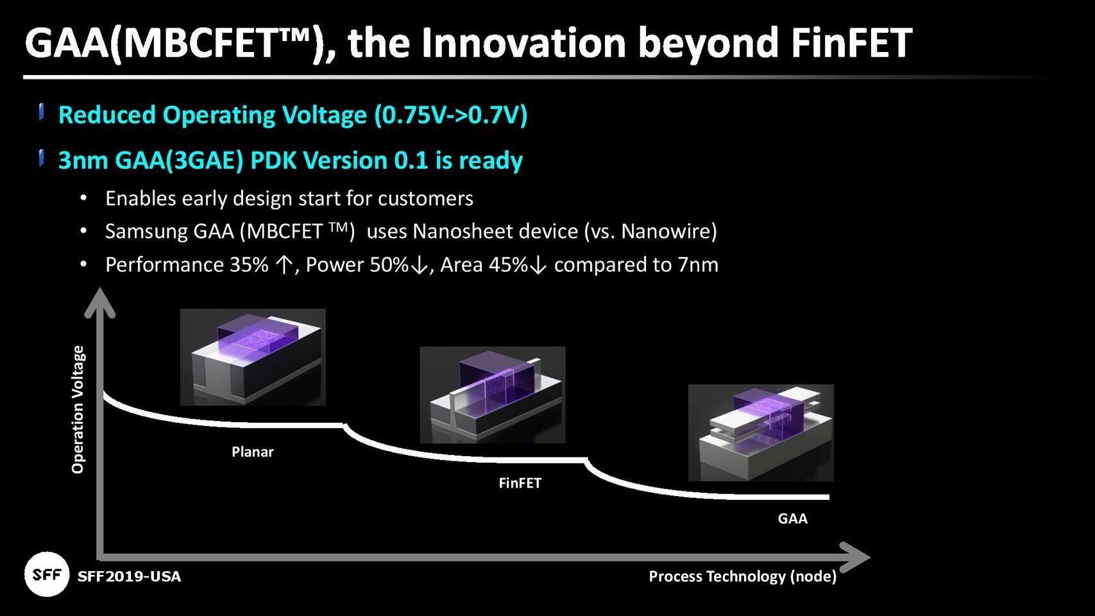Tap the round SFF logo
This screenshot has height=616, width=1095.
(46, 574)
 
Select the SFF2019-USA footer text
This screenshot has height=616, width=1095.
(129, 576)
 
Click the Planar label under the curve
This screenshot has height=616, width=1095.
(252, 452)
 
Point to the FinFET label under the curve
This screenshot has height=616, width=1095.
(520, 483)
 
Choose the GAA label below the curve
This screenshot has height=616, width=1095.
(792, 518)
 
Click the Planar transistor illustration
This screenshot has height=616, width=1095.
(253, 357)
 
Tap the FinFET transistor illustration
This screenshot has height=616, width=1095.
(492, 395)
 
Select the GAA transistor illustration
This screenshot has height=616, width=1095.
(760, 432)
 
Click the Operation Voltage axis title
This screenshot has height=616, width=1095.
(78, 409)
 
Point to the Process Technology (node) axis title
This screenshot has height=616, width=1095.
(742, 576)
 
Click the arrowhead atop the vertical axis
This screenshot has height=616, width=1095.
(99, 302)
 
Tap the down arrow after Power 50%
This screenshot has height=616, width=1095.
(419, 266)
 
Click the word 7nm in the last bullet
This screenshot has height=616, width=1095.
(697, 264)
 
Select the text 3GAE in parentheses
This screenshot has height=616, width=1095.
(204, 160)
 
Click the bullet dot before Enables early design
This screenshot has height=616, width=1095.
(83, 198)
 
